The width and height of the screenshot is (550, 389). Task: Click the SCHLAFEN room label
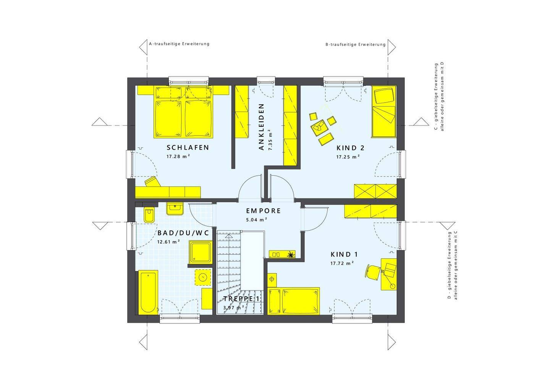point(188,147)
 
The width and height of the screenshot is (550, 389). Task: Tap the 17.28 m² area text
point(178,157)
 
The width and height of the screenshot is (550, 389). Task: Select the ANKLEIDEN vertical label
point(262,127)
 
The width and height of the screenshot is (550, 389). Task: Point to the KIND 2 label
point(350,148)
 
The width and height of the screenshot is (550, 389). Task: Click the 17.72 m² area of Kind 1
point(342,263)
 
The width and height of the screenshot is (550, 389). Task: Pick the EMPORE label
point(264,211)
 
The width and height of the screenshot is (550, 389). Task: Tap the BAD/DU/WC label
point(183,232)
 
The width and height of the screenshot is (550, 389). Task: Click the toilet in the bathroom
point(149,215)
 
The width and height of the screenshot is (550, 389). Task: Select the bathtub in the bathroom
point(148,292)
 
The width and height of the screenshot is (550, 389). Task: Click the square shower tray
point(201,252)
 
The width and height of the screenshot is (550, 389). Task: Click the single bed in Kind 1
point(293,301)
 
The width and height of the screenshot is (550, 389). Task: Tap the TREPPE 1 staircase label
point(241,299)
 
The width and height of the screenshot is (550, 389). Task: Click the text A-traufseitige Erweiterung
point(179,44)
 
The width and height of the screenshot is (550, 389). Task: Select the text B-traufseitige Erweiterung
point(356,45)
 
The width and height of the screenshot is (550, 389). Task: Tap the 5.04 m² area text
point(257,220)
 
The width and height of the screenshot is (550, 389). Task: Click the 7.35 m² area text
point(270,140)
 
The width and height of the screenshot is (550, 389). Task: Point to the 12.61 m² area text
point(169,242)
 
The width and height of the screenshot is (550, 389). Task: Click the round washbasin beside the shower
point(203,277)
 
